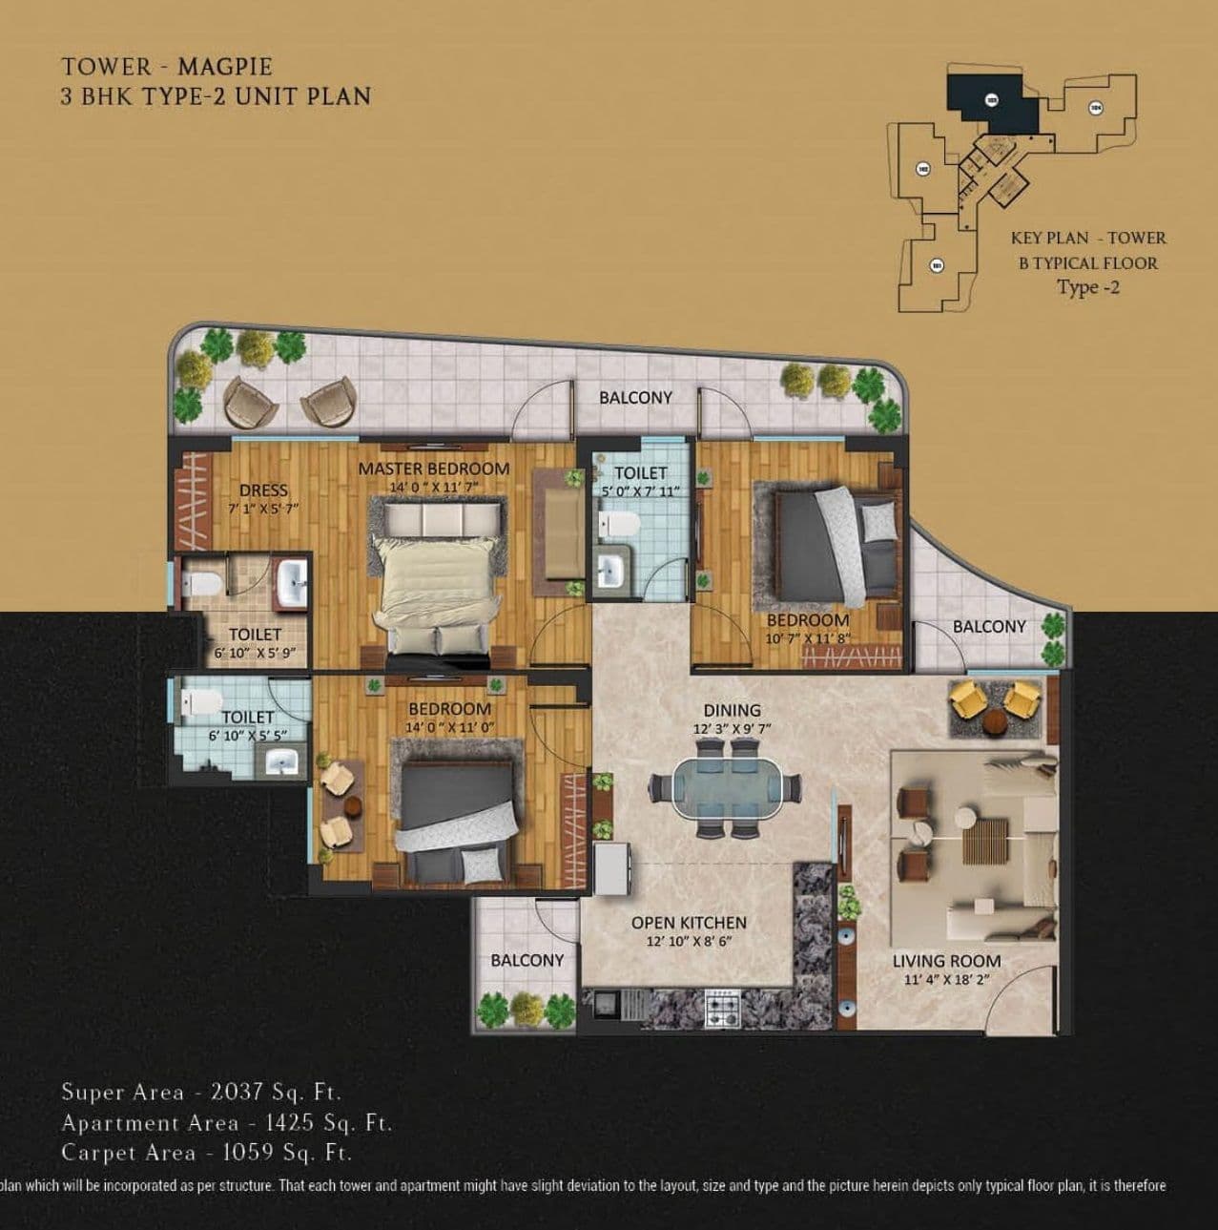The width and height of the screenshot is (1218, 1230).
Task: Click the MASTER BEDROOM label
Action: click(433, 469)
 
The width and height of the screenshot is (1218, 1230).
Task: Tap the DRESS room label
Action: click(263, 490)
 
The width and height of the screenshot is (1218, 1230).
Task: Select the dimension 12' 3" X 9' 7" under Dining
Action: click(732, 728)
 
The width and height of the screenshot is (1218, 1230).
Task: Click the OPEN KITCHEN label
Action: click(689, 923)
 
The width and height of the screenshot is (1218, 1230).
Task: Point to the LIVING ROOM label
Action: click(946, 961)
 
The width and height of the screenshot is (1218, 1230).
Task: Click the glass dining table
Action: click(725, 788)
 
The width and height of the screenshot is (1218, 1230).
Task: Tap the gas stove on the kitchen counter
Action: click(722, 1008)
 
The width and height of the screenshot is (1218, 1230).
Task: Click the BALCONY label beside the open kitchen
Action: click(526, 960)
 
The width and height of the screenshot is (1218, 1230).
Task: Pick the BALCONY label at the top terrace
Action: click(635, 397)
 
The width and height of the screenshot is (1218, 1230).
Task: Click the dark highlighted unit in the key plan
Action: click(992, 100)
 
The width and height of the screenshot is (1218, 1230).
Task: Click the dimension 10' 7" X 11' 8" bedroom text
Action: click(807, 639)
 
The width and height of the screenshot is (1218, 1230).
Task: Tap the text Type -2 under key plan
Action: click(1087, 287)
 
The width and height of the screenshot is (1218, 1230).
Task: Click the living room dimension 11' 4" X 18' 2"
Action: click(946, 980)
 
